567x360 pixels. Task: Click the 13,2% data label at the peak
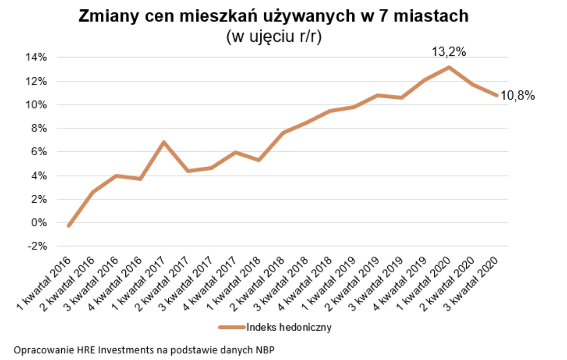pos(449,51)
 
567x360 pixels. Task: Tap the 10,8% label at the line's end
pos(518,96)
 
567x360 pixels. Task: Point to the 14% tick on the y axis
pos(36,57)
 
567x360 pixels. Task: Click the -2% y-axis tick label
pos(37,246)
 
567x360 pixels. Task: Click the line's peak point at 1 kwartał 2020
pos(449,67)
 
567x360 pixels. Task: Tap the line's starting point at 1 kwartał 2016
pos(68,226)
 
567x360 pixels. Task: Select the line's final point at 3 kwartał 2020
pos(497,95)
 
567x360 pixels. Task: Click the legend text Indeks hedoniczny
pos(289,328)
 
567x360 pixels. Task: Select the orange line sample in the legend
pos(232,328)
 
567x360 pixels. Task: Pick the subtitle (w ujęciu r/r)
pos(274,37)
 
